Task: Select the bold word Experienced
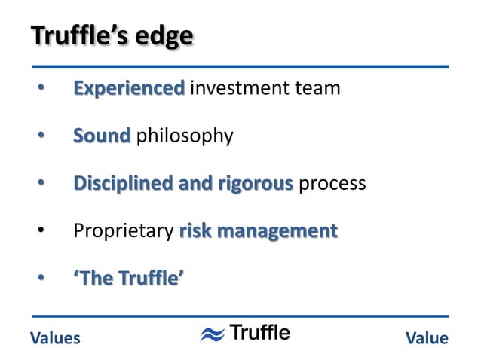point(128,89)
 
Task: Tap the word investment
point(236,89)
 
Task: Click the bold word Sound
point(102,136)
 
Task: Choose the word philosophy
point(184,137)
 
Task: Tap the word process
point(332,184)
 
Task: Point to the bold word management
point(278,231)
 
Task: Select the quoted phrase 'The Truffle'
point(128,279)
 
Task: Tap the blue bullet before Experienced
point(42,90)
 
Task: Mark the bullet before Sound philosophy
point(42,137)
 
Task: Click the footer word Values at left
point(54,338)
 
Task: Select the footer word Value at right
point(427,338)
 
